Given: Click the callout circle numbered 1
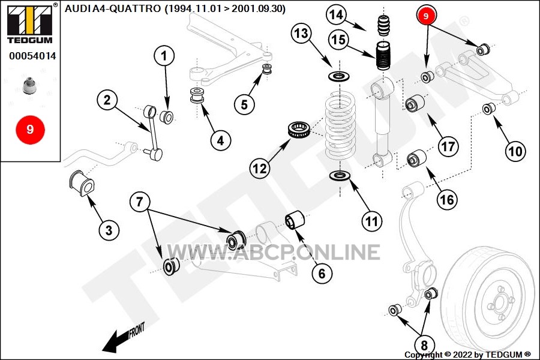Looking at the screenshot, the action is (x=164, y=56).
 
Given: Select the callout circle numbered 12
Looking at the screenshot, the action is (x=260, y=169).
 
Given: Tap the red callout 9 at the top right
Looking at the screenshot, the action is (x=427, y=16).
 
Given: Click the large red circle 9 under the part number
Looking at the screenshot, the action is (x=30, y=130).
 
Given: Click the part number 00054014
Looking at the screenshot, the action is (x=32, y=56).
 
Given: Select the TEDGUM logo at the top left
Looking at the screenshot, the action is (x=30, y=24).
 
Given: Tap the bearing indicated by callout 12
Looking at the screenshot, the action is (x=299, y=129).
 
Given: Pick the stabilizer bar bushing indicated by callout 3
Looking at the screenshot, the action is (x=82, y=182).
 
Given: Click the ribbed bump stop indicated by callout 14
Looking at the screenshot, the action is (x=384, y=25).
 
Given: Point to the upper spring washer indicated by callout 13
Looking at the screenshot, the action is (x=340, y=76).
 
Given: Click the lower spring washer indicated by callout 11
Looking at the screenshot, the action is (x=340, y=176).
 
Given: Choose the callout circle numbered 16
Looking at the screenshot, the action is (x=447, y=199).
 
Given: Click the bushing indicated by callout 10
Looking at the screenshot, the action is (x=488, y=109).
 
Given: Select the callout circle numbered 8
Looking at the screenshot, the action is (x=424, y=345).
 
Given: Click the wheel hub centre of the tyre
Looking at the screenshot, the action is (x=498, y=304).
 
